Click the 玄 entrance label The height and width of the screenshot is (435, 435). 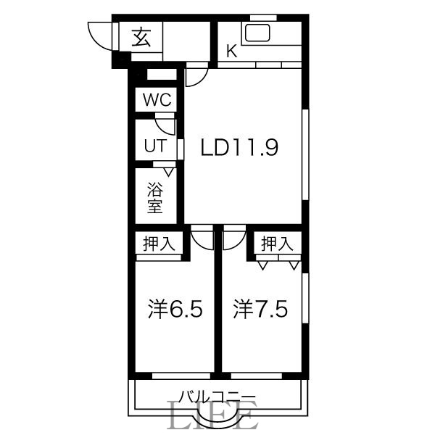click(141, 37)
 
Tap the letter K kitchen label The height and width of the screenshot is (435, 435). click(231, 51)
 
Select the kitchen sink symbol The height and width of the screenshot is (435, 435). click(257, 33)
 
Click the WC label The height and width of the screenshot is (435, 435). click(156, 100)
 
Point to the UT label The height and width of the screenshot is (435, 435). click(154, 145)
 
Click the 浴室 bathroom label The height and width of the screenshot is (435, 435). click(154, 198)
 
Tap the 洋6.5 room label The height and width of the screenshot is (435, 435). click(174, 310)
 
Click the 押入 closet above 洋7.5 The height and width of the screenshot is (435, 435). click(277, 244)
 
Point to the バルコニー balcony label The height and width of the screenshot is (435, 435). click(217, 397)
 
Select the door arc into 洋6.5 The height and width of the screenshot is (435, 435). click(202, 237)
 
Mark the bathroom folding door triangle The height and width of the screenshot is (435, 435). click(169, 172)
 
